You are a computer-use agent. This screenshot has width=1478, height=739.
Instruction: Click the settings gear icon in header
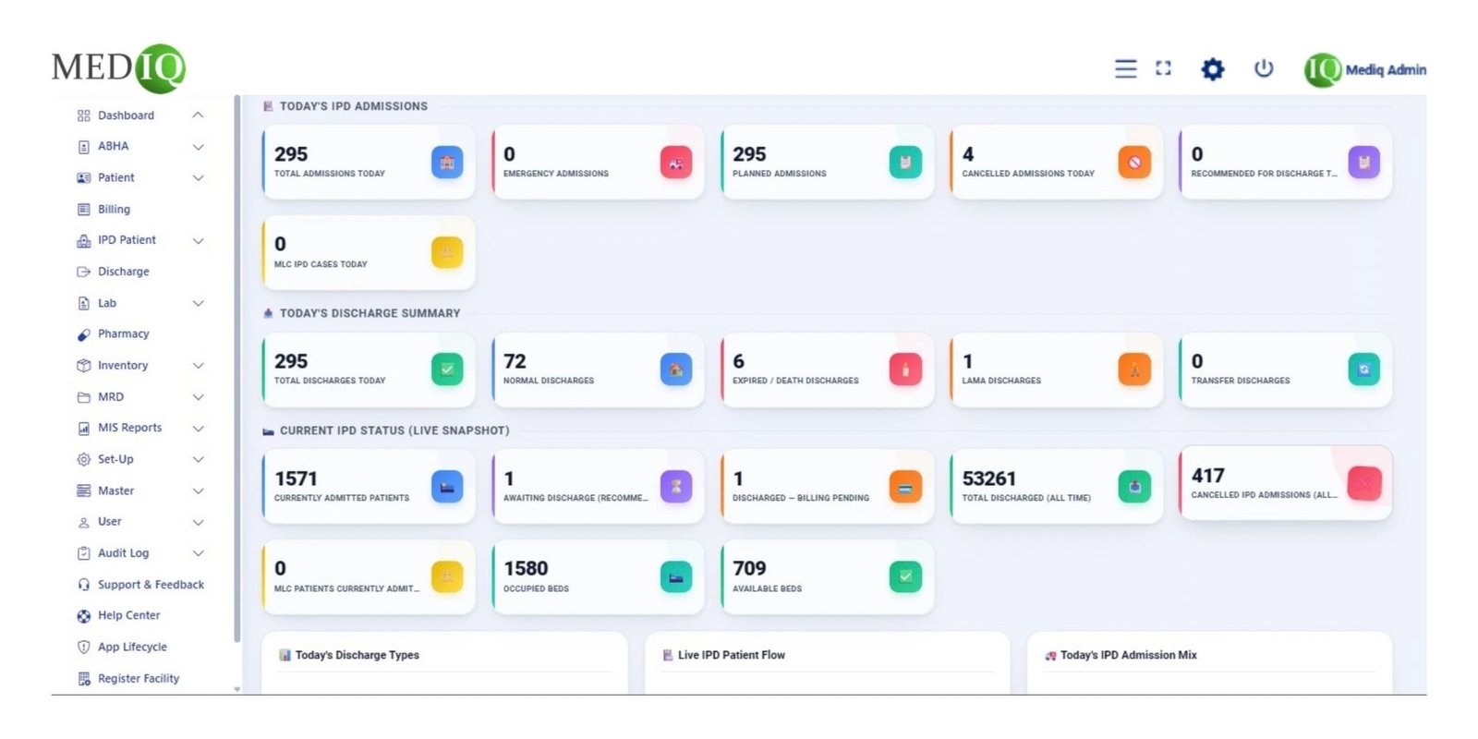click(1212, 69)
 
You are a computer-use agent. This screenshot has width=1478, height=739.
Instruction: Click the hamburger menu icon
click(1126, 68)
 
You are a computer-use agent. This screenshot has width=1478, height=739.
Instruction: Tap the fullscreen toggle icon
click(1163, 68)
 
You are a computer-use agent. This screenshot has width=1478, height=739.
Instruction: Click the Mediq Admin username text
click(1386, 70)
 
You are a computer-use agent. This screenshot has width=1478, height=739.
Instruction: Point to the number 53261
click(988, 479)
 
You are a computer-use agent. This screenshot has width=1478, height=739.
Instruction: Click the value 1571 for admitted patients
click(296, 479)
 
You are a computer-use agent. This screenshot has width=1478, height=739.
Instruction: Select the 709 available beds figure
click(749, 568)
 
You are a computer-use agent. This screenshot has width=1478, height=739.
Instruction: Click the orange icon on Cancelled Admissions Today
click(1134, 163)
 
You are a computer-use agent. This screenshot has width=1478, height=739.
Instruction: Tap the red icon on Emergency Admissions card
click(675, 163)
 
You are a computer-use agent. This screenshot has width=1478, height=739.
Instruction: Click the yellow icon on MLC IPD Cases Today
click(447, 252)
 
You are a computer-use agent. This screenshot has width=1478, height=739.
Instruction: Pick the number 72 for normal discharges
click(515, 361)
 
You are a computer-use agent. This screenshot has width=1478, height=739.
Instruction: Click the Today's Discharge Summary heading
click(369, 313)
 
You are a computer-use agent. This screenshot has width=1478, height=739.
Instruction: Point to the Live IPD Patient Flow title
click(731, 655)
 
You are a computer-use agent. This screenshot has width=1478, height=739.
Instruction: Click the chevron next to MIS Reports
click(198, 429)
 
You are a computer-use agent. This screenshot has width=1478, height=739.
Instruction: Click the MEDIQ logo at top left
click(119, 68)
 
